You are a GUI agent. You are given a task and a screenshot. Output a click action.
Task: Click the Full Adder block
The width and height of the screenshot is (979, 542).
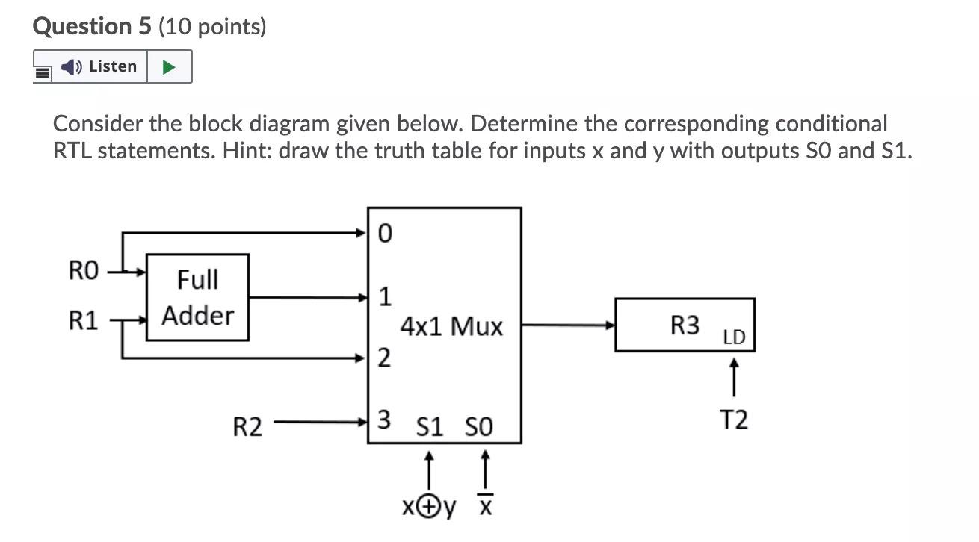click(x=197, y=297)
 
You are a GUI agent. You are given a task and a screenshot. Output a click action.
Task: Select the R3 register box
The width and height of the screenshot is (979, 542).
click(x=684, y=325)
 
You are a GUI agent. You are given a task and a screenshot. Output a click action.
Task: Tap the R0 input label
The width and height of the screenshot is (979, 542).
click(x=83, y=270)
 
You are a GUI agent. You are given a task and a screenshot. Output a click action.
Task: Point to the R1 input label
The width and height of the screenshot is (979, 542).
click(x=83, y=321)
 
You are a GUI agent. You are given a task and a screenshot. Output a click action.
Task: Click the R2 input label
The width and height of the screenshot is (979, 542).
click(x=247, y=428)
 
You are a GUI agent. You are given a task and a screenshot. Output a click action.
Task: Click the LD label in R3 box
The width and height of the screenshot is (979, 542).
click(x=734, y=337)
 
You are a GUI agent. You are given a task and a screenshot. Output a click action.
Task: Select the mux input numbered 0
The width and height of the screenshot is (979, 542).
click(x=384, y=234)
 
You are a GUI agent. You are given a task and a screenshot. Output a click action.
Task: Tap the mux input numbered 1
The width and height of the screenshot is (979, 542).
click(x=384, y=297)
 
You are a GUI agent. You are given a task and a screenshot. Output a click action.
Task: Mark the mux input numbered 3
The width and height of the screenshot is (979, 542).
click(x=383, y=420)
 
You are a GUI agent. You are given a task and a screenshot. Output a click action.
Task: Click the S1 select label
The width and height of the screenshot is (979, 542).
click(x=429, y=428)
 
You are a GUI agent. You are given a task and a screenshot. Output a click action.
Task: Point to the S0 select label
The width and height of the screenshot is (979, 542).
click(x=478, y=428)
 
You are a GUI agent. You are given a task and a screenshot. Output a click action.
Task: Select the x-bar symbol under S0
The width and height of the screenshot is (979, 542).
click(x=484, y=508)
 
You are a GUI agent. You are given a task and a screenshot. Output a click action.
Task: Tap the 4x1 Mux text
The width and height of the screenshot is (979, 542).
click(x=451, y=327)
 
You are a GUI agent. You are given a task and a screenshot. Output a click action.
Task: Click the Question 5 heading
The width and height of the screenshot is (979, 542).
click(x=149, y=27)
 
